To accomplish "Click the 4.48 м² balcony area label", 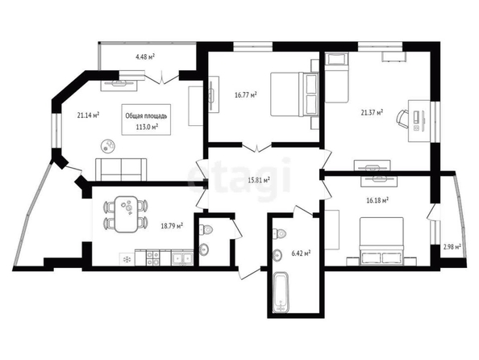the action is pos(145,57).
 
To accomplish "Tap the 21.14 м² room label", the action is pos(88,115).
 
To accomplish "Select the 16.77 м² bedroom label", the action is pos(245,95).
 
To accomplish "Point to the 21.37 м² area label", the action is pos(372,112).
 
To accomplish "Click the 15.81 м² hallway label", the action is pos(259,180).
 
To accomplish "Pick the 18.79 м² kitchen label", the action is pos(172,226).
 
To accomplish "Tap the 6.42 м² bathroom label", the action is pos(302,253).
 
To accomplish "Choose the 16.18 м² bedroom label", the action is pos(377,200).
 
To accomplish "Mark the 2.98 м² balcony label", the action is pos(452,246).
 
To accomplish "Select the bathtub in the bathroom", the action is pos(281,292).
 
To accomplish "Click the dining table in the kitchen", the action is pos(126,214).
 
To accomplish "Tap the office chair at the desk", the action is pos(402,119).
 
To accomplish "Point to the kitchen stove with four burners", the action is pos(152,257).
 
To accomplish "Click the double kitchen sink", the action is pos(181,257).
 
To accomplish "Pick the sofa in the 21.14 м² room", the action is pos(121,170).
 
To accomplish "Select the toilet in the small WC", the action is pos(206,229).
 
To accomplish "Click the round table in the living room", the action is pos(108,145).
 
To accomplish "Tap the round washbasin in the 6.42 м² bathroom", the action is pos(277,254).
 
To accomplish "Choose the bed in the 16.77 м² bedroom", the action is pos(294,94).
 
